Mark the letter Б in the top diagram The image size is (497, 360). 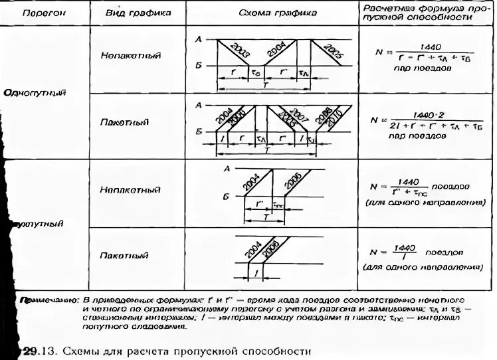coord(198,66)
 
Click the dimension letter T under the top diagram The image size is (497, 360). coord(266,86)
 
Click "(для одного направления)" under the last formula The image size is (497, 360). coord(421,268)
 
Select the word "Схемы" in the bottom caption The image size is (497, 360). coord(86,350)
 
